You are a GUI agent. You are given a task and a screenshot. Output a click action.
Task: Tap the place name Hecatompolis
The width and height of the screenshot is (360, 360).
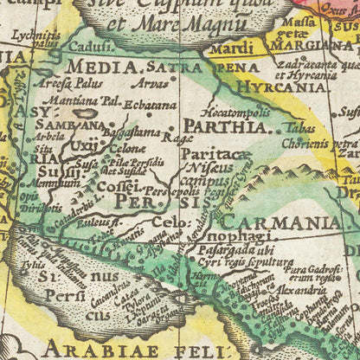[x=229, y=112]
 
